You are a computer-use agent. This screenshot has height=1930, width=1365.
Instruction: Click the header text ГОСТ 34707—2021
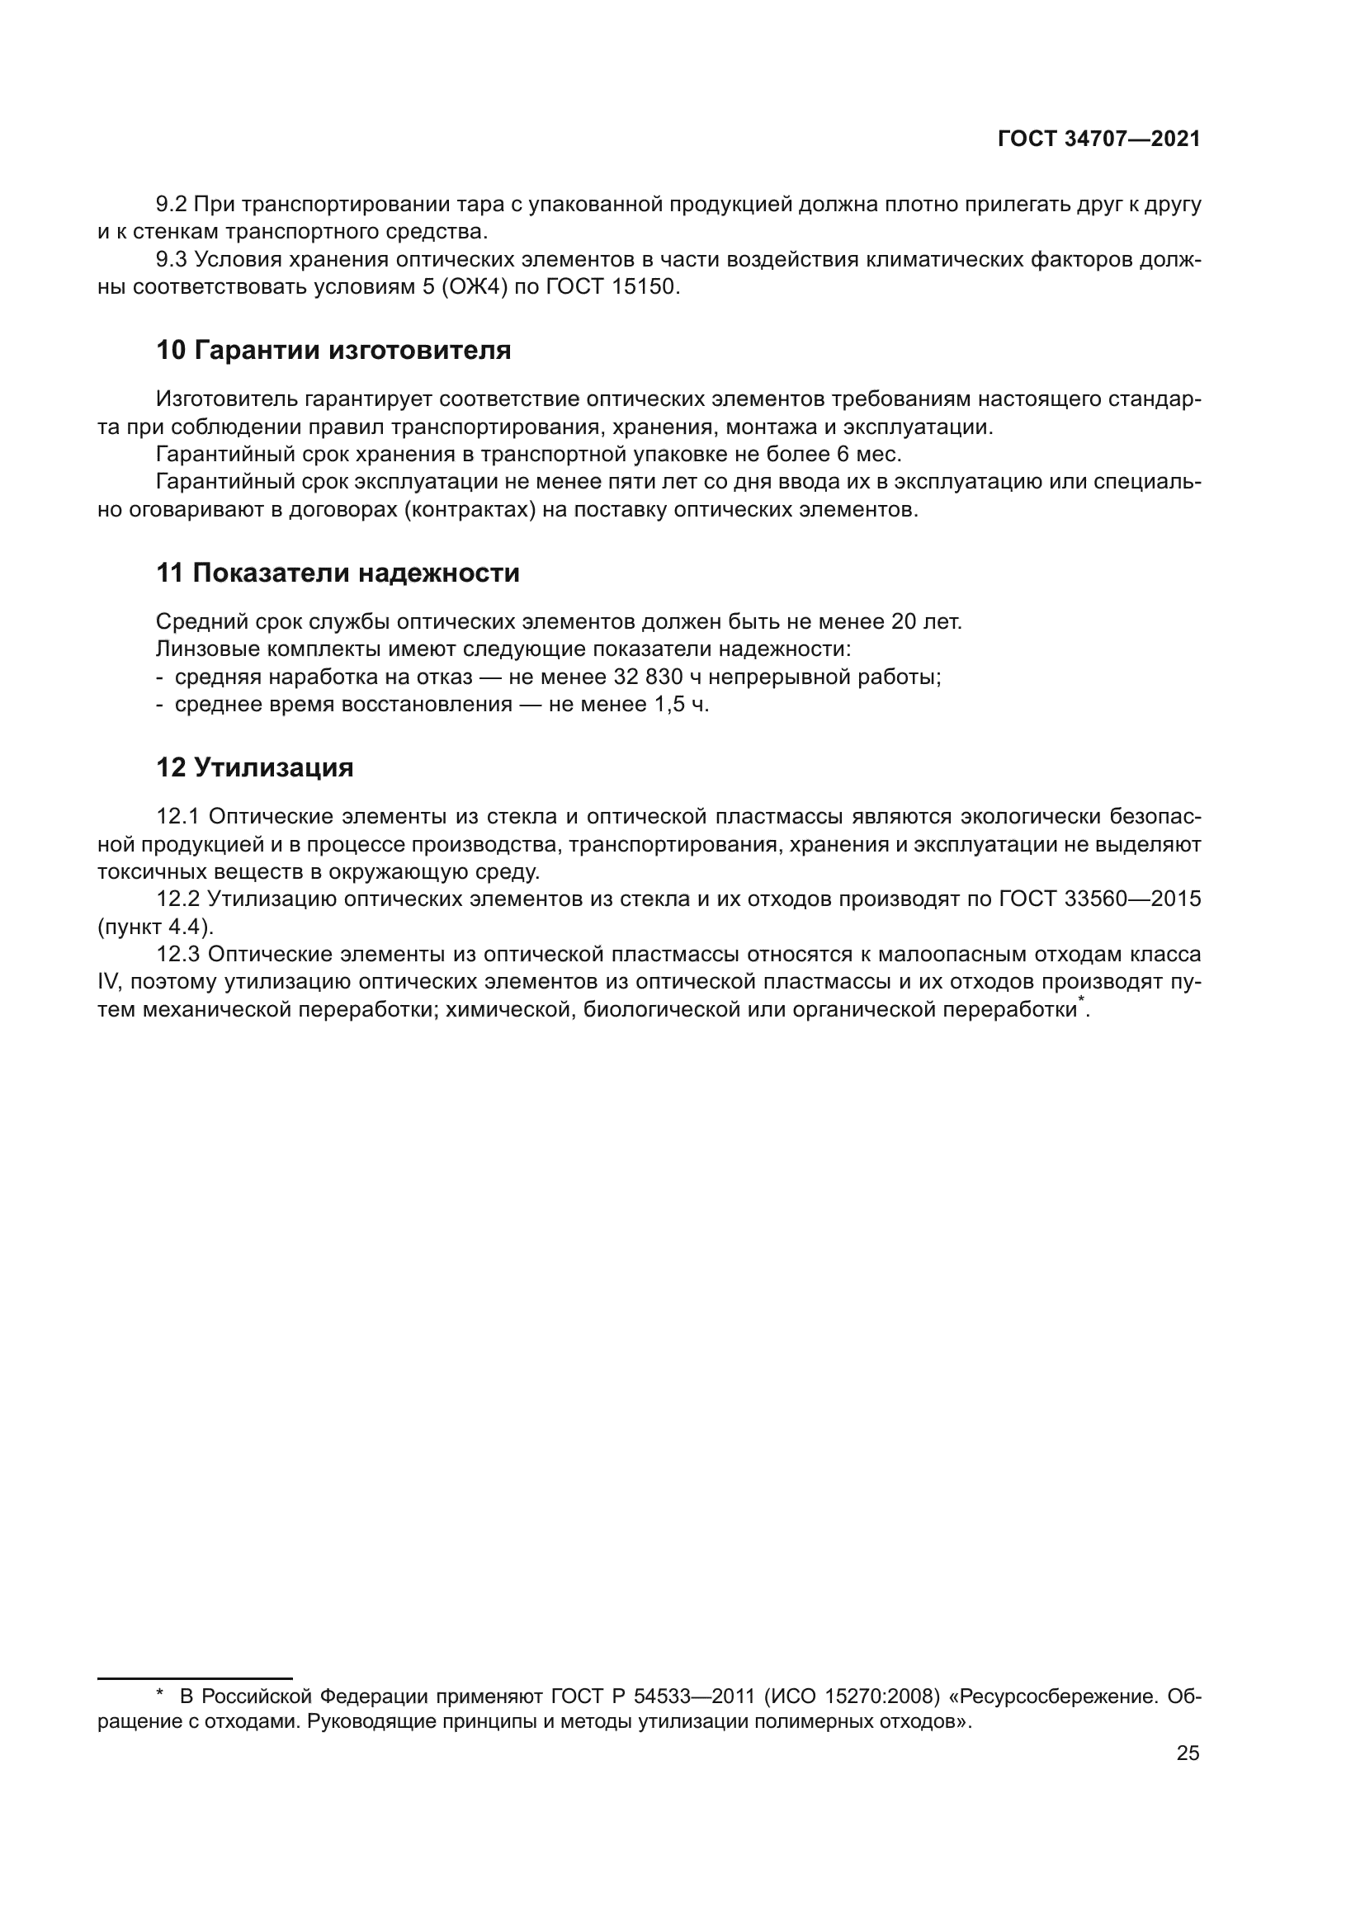click(x=1098, y=139)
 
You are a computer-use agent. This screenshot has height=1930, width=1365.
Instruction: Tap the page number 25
click(x=1188, y=1753)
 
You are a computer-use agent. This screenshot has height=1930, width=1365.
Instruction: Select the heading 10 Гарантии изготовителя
click(x=333, y=350)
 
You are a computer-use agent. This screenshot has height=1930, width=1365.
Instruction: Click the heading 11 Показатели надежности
click(x=338, y=573)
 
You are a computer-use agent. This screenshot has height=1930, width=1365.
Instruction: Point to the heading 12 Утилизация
click(x=255, y=767)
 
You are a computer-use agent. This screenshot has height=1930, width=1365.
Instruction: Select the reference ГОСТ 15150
click(x=611, y=287)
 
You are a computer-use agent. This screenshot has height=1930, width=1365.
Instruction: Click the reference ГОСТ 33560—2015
click(x=1099, y=899)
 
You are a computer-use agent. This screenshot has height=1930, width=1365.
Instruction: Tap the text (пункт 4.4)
click(x=155, y=927)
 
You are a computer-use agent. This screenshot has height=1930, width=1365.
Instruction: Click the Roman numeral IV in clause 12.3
click(x=109, y=983)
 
